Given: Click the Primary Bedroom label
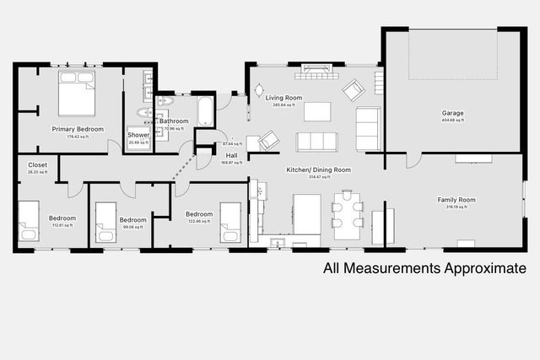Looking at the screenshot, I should tap(78, 129).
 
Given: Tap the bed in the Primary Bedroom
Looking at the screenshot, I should tap(77, 93).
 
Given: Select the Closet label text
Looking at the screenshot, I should tap(38, 164).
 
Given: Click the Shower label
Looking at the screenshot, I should tap(138, 135).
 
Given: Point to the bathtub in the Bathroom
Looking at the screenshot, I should tap(206, 110).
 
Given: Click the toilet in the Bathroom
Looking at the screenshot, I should tap(165, 101).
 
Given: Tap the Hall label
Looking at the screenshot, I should tap(231, 155).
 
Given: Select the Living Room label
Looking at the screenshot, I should tap(283, 98).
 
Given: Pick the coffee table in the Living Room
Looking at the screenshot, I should tap(317, 111).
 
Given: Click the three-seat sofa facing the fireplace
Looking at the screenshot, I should tap(316, 141).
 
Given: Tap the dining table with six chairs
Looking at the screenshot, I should tap(347, 210).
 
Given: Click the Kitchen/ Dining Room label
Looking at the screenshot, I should tap(318, 169).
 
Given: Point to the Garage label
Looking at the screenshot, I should tap(452, 113).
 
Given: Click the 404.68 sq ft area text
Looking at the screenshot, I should tap(452, 121).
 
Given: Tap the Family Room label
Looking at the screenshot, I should tap(456, 200).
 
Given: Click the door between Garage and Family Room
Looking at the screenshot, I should tap(413, 159).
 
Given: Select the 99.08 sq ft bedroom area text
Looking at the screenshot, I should tap(132, 227).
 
